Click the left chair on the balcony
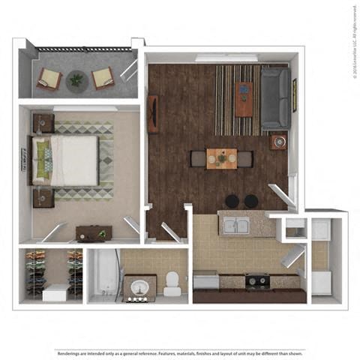click(x=49, y=78)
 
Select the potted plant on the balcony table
click(x=76, y=79)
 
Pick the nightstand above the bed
click(x=43, y=123)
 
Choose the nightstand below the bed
click(x=43, y=197)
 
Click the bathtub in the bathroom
click(x=105, y=274)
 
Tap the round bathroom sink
click(x=139, y=287)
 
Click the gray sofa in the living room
click(x=276, y=97)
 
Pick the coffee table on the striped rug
click(x=244, y=97)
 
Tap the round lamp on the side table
click(x=280, y=141)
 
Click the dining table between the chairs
click(x=222, y=158)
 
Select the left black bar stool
click(x=232, y=201)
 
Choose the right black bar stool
click(x=251, y=201)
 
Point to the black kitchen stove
click(x=259, y=281)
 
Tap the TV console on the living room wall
click(x=153, y=114)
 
